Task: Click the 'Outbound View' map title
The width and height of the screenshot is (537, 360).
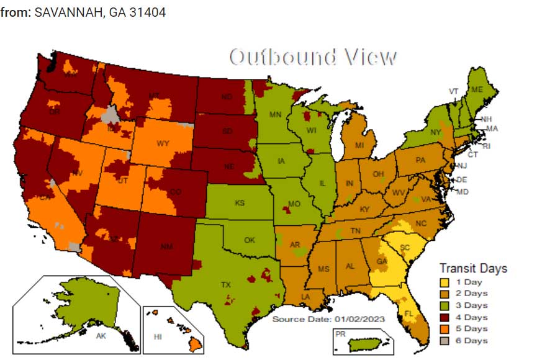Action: (313, 57)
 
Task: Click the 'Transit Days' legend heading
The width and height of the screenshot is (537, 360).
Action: (473, 268)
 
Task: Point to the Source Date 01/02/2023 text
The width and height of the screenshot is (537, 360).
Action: (329, 319)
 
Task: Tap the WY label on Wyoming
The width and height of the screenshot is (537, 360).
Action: (163, 143)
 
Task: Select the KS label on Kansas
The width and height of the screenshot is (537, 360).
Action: (239, 203)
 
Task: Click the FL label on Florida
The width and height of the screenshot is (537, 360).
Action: (409, 313)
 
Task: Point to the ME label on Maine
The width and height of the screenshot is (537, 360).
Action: (477, 89)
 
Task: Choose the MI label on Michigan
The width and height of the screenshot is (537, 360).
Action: (359, 145)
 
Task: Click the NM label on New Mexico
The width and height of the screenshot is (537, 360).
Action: (166, 247)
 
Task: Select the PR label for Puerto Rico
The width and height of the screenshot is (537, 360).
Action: (340, 333)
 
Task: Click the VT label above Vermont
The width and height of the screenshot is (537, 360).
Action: (454, 91)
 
